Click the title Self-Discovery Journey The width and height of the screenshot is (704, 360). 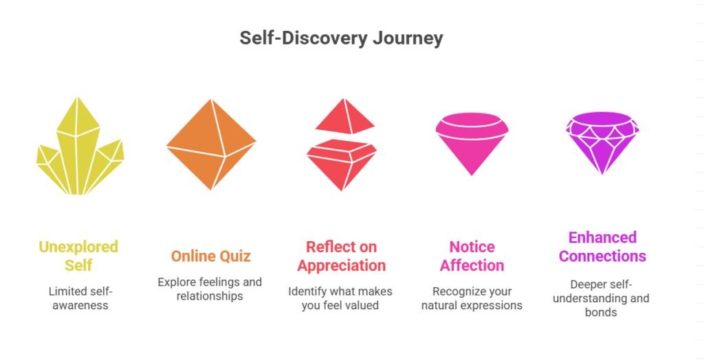341,38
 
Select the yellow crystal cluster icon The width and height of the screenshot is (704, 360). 80,146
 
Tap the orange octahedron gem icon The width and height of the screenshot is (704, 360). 211,144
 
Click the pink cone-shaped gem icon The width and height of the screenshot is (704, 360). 472,144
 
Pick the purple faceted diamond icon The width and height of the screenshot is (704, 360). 602,143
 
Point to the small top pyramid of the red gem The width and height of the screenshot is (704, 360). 345,116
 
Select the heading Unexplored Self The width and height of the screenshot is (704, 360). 78,256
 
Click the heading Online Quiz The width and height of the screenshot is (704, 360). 211,256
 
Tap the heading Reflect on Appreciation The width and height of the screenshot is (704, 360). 342,256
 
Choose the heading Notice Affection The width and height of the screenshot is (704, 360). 472,256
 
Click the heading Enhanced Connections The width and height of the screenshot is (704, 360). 602,247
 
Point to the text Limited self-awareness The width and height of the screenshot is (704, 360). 80,298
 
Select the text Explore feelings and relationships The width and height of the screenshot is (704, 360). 210,289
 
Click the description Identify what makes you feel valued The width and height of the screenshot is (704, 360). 340,298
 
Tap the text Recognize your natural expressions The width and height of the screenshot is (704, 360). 472,298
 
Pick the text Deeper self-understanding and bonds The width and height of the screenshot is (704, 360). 601,298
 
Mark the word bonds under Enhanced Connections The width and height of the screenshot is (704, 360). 601,312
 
